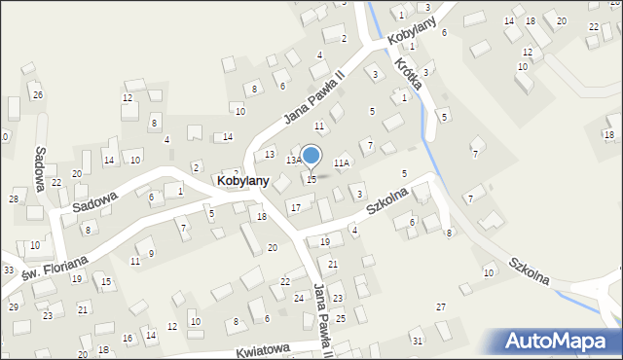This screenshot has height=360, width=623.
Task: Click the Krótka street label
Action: click(x=408, y=72)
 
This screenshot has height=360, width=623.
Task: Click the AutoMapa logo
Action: click(x=560, y=342)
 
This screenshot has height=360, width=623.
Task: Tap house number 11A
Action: click(x=341, y=163)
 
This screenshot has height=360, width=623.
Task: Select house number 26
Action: click(x=37, y=94)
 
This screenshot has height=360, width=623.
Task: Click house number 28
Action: click(x=14, y=198)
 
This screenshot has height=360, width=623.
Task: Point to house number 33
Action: click(x=8, y=270)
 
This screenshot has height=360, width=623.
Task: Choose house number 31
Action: click(x=418, y=341)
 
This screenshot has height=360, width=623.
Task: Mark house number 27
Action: click(x=441, y=307)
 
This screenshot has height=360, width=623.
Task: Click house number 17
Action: click(x=295, y=207)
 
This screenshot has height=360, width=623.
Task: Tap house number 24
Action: click(x=299, y=298)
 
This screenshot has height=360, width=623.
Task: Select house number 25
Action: click(x=341, y=318)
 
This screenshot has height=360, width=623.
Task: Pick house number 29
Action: click(x=14, y=306)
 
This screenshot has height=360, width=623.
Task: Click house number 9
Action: click(x=151, y=253)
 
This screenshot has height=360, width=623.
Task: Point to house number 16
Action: click(x=128, y=338)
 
